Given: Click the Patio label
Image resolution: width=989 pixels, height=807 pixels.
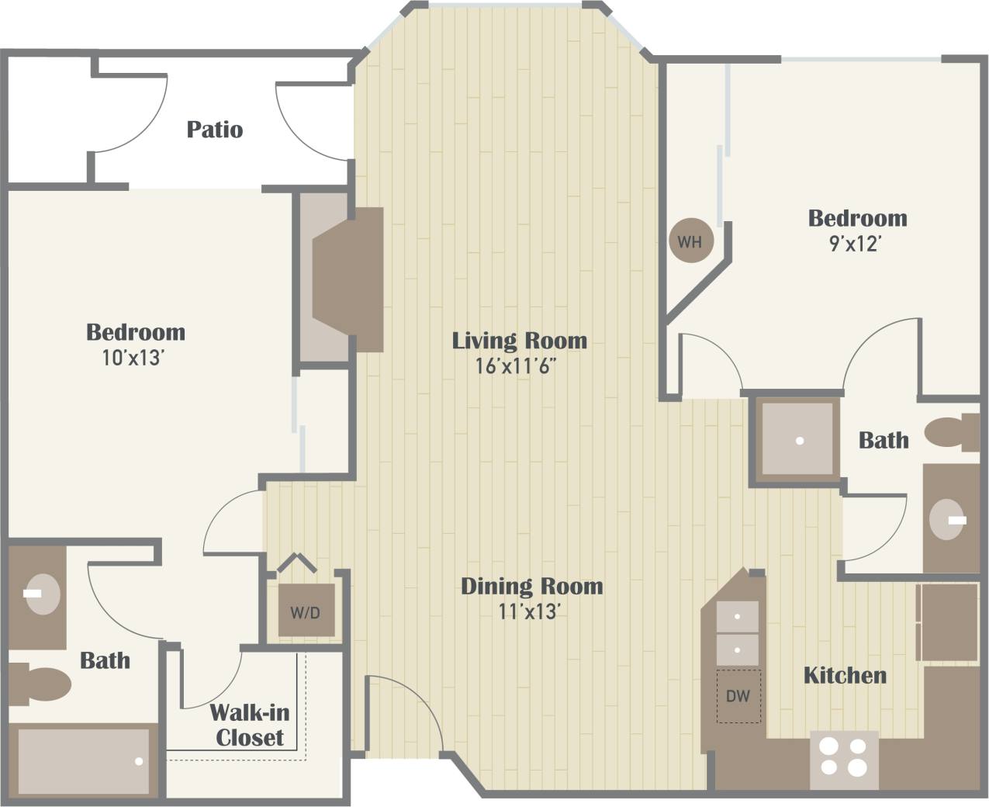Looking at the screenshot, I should tap(215, 130).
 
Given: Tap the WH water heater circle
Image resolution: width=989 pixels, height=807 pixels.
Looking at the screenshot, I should tap(690, 241).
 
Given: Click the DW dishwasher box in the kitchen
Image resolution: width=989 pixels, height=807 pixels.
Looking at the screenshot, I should tap(738, 696).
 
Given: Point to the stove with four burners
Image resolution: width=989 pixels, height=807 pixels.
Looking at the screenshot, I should tap(844, 757).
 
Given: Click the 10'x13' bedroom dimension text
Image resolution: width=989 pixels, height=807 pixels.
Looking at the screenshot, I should tap(135, 358).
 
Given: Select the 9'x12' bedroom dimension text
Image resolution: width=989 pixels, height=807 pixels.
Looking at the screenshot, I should tap(857, 244).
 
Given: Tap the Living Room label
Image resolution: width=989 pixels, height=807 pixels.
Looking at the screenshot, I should tap(519, 341).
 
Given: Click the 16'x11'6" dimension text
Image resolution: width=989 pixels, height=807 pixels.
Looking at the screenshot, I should tap(517, 366).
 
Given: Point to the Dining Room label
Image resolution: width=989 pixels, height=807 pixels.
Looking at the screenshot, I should tap(531, 586).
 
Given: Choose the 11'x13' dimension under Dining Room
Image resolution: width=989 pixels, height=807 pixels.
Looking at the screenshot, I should tap(529, 611).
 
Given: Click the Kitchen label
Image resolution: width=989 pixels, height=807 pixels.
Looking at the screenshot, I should tap(845, 675).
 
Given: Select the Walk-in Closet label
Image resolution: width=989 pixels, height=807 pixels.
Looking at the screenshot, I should tap(249, 725).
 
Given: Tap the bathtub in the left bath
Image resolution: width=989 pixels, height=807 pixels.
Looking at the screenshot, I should tap(84, 761).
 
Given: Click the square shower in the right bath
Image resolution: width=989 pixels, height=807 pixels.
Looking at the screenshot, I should tap(798, 440).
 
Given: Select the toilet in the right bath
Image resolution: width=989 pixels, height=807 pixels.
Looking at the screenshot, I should tap(953, 433).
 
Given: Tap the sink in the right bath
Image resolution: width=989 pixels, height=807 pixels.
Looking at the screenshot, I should tap(949, 519).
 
